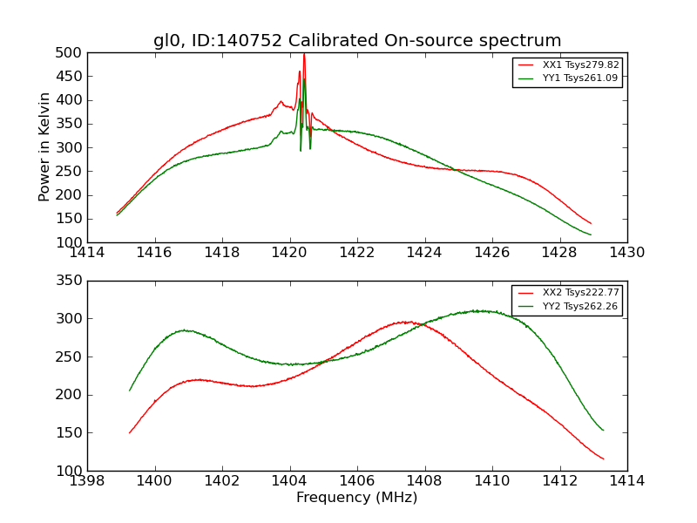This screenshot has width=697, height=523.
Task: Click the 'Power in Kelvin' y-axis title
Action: pos(45,147)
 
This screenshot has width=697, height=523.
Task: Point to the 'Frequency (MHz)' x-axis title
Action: pos(357,498)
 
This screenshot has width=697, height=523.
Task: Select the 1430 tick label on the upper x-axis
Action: pos(626,253)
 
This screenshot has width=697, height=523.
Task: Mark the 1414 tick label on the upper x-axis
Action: pos(87,253)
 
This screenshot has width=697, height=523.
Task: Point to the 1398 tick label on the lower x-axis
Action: pos(87,481)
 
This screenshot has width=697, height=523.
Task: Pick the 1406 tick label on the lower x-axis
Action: pos(357,481)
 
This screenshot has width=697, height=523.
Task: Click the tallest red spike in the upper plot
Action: pos(303,55)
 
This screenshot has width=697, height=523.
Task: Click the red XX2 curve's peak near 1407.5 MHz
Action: pos(406,322)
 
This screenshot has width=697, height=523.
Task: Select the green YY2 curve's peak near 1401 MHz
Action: pos(184,330)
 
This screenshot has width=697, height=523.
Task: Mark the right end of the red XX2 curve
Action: pos(603,459)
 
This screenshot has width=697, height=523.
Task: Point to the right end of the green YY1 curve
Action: pos(591,234)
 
